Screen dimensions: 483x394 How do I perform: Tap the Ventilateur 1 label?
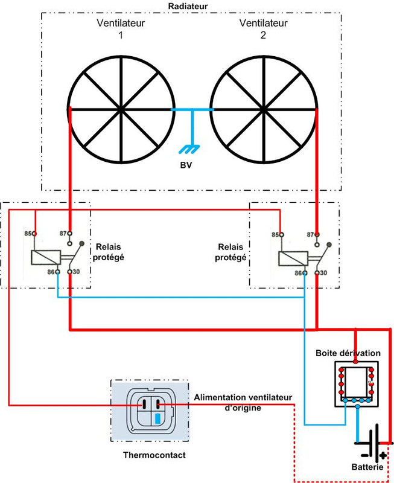click(x=121, y=29)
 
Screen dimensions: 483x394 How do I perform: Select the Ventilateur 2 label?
click(x=262, y=29)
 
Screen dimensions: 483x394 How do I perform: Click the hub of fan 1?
click(x=121, y=109)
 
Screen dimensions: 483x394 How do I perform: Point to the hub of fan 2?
click(x=264, y=109)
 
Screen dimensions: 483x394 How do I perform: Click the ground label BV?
click(x=186, y=166)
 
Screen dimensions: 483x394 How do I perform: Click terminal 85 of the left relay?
click(x=35, y=234)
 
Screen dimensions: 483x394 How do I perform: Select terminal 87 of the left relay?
click(x=71, y=234)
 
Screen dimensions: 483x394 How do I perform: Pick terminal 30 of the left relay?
click(x=71, y=272)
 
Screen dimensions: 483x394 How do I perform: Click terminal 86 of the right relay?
click(x=305, y=273)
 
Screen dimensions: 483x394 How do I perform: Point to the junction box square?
click(x=357, y=383)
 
